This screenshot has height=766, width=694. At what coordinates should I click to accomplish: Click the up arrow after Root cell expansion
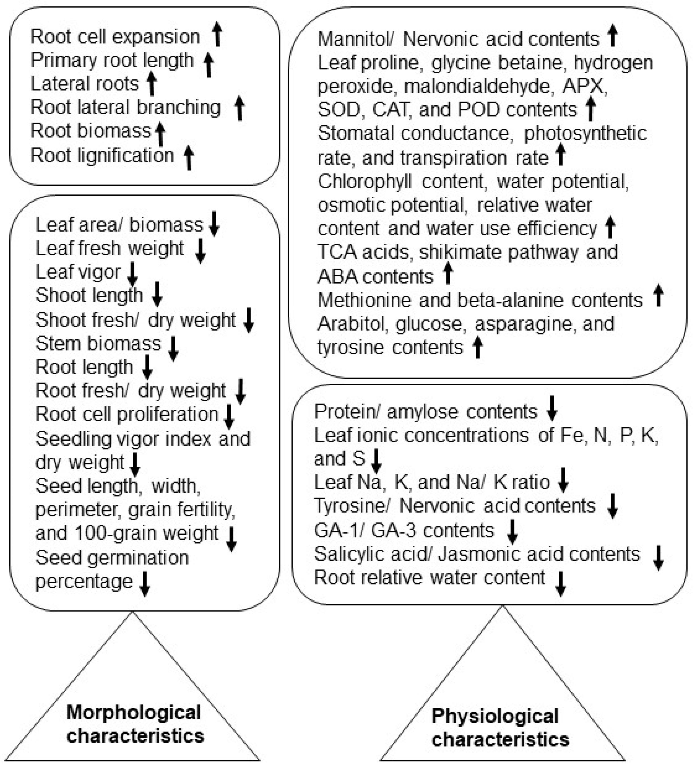217,34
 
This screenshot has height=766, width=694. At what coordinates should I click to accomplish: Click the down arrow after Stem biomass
173,348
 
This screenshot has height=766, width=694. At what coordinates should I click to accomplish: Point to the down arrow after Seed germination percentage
145,584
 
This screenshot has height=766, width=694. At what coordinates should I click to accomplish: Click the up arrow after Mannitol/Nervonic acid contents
612,35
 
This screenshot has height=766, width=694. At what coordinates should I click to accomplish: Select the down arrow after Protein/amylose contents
552,408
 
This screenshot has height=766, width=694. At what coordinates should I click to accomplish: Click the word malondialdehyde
477,86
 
